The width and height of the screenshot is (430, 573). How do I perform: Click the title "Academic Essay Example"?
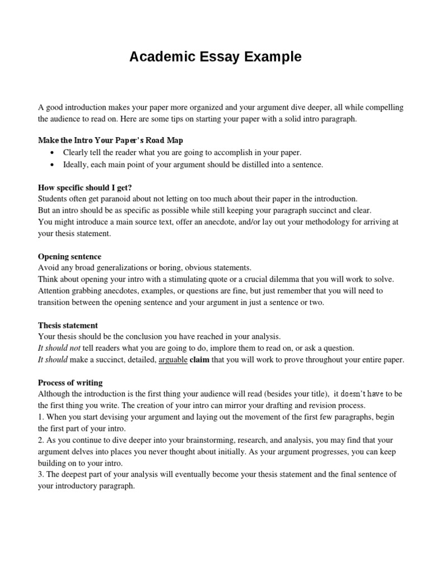tap(216, 57)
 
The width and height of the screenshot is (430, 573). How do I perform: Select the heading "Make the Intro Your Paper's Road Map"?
tap(110, 140)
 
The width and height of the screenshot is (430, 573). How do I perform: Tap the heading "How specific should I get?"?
tap(85, 187)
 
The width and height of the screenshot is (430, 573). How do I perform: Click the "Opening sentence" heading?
tap(69, 256)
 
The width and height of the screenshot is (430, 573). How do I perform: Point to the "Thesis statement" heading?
tap(68, 325)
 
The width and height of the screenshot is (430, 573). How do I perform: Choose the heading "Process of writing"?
tap(70, 383)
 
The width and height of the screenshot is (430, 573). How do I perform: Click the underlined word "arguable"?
tap(173, 360)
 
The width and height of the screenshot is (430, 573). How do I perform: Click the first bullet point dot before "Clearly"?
tap(52, 153)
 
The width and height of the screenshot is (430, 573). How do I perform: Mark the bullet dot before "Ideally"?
tap(52, 165)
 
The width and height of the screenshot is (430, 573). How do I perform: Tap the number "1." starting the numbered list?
tap(41, 417)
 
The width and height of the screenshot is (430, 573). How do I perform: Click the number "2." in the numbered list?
tap(41, 440)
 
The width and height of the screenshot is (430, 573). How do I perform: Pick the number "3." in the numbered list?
tap(41, 475)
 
